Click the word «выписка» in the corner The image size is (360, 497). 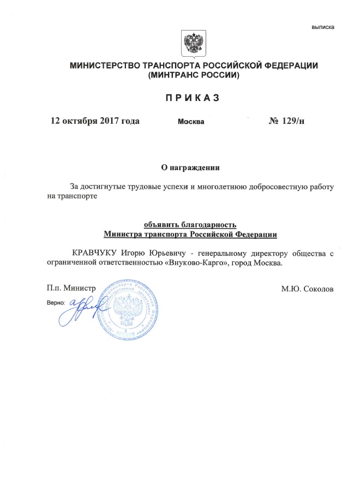pyautogui.click(x=323, y=27)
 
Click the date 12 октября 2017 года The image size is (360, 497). pyautogui.click(x=95, y=121)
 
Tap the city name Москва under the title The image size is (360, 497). pyautogui.click(x=191, y=121)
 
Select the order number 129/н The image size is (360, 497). pyautogui.click(x=292, y=121)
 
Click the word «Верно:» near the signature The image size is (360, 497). pyautogui.click(x=57, y=301)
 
